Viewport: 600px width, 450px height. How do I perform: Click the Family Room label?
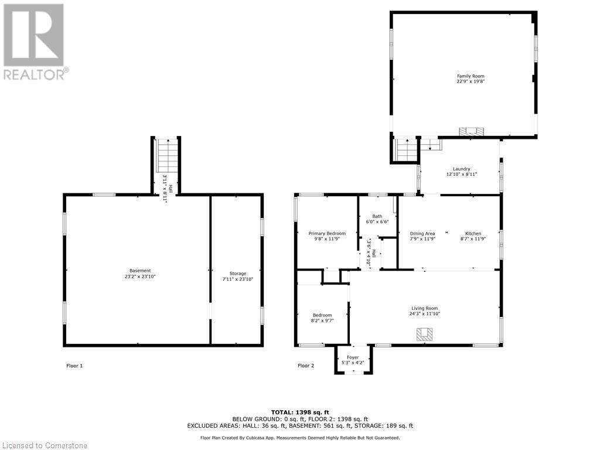point(471,76)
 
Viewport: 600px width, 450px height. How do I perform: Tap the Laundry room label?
point(461,169)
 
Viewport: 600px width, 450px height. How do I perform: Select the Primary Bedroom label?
point(327,234)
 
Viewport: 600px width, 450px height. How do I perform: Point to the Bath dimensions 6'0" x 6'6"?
point(377,222)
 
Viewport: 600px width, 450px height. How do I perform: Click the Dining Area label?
point(422,234)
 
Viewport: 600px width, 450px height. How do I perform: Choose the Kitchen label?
point(473,234)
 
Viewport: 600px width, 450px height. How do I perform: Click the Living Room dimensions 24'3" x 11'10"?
point(424,314)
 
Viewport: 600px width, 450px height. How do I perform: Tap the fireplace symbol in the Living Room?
point(424,334)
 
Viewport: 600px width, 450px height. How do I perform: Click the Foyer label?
point(353,357)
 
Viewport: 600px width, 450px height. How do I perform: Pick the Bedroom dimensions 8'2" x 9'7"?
point(322,321)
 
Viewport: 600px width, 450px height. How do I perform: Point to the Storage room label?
point(237,274)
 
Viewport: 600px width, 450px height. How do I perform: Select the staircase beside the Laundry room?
point(406,150)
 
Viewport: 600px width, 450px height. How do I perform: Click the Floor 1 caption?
point(74,366)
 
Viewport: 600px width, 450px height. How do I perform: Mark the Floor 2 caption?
point(306,366)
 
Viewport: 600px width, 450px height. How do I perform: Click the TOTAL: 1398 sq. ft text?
point(300,412)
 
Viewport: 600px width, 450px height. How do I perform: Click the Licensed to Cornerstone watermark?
point(45,445)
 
